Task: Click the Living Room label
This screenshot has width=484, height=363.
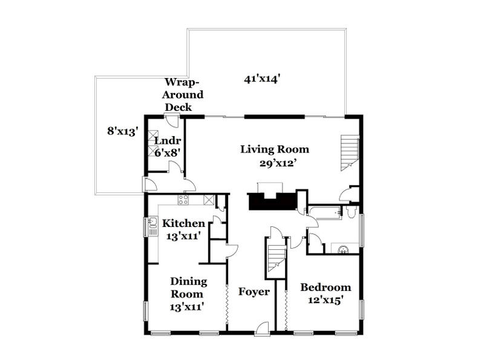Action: (x=275, y=149)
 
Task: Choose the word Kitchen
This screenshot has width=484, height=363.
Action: (x=183, y=223)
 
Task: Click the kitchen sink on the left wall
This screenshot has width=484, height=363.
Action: (x=151, y=226)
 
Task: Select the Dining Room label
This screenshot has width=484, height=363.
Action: (x=188, y=288)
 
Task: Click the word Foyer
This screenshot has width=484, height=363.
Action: (x=253, y=292)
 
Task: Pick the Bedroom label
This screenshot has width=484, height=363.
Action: (x=325, y=287)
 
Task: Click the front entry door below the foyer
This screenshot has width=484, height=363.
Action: (x=262, y=329)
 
